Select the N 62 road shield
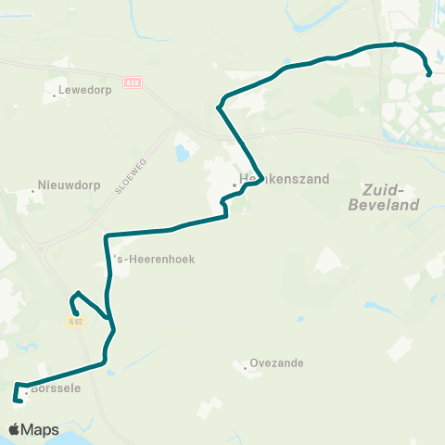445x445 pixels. pyautogui.click(x=76, y=322)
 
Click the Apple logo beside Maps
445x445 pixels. pyautogui.click(x=15, y=429)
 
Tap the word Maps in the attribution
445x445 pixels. pyautogui.click(x=41, y=430)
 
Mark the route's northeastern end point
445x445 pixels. pyautogui.click(x=429, y=74)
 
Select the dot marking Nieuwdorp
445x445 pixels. pyautogui.click(x=33, y=191)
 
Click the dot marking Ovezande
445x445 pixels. pyautogui.click(x=245, y=369)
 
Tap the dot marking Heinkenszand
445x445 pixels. pyautogui.click(x=235, y=184)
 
